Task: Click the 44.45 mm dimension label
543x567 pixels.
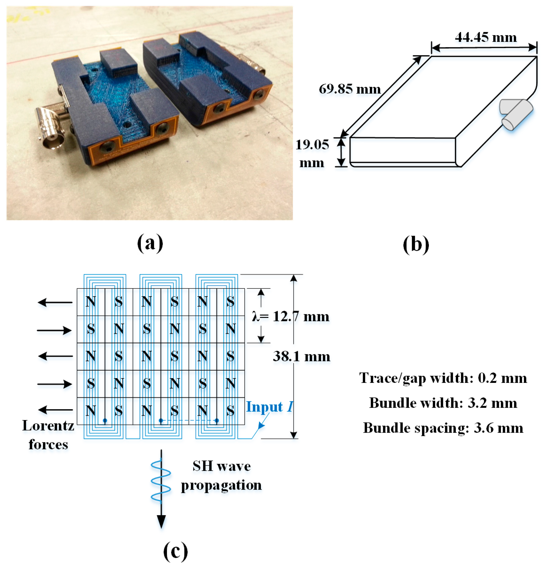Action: tap(485, 38)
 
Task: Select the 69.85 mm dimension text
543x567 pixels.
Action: tap(349, 89)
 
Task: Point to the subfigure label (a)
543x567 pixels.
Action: tap(150, 243)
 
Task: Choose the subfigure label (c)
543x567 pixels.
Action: tap(175, 551)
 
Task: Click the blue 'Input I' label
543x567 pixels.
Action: tap(269, 407)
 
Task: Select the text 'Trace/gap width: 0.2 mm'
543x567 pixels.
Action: tap(443, 378)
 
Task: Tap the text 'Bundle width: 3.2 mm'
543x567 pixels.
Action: tap(443, 403)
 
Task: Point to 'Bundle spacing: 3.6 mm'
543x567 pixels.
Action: tap(443, 428)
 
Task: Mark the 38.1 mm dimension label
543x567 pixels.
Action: tap(301, 356)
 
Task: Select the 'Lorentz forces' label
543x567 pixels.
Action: tap(48, 435)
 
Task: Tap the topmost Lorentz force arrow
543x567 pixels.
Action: tap(55, 303)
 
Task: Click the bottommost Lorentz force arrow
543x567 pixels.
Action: tap(55, 410)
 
